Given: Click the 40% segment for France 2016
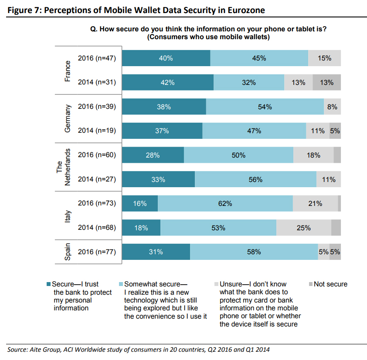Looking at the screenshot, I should [166, 58].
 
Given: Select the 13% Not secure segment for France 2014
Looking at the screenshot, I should [326, 82].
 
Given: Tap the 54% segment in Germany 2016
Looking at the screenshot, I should [265, 107].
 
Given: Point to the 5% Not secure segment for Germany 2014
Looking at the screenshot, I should [335, 131].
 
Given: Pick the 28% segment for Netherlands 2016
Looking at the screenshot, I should [153, 155].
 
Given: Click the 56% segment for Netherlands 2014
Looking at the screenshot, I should [255, 179].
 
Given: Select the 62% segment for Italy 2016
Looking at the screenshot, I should [225, 203].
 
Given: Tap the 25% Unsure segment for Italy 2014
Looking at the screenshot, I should [304, 228].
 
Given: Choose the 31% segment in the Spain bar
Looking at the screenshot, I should [156, 252].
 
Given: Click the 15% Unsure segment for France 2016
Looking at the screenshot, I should [324, 58].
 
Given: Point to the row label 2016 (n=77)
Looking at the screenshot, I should [97, 252].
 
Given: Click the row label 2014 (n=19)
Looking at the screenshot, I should [97, 131].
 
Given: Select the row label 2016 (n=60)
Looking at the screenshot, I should [97, 155].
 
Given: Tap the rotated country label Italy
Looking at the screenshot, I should [68, 215].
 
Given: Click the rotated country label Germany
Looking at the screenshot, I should [68, 118].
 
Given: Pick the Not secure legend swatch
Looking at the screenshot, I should [310, 284].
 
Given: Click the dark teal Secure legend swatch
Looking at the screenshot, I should [48, 284].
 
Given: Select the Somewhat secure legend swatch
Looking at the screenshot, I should [121, 284].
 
